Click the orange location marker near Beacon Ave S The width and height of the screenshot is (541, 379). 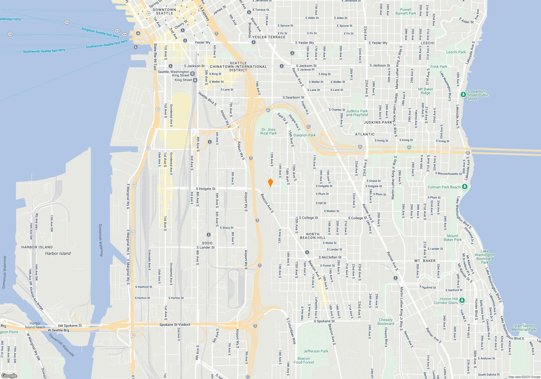tap(270, 183)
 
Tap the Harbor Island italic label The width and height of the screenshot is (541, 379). tap(58, 253)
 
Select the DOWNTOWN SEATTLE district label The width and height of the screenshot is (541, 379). tap(164, 11)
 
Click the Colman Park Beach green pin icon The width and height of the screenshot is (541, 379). tap(464, 187)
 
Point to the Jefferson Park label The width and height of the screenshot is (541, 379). tap(316, 351)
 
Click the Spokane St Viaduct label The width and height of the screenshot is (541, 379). tap(175, 325)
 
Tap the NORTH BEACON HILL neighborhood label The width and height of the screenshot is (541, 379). tap(313, 236)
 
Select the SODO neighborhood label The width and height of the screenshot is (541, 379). tap(207, 243)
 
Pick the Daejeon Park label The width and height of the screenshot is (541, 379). tap(305, 135)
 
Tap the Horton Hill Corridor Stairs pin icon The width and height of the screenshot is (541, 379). tap(462, 300)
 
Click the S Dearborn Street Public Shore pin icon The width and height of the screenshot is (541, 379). tap(463, 94)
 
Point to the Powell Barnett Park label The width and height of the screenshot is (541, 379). tap(406, 11)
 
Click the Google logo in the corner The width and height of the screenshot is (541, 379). tap(9, 375)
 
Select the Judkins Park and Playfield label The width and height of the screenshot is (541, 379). tap(357, 113)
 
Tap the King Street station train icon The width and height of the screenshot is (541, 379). tap(195, 80)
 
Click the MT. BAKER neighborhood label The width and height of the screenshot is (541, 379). tap(425, 261)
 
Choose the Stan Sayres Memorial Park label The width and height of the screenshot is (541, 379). tap(524, 328)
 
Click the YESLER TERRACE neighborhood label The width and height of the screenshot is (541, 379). tap(269, 37)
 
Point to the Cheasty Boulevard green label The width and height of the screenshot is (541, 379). tap(386, 322)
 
